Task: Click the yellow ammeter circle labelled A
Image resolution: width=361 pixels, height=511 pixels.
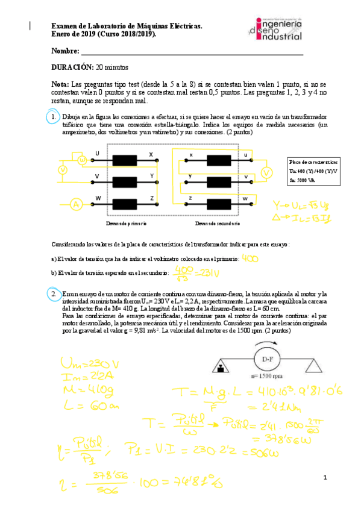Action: click(x=77, y=205)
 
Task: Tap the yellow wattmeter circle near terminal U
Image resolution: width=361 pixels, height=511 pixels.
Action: click(x=83, y=160)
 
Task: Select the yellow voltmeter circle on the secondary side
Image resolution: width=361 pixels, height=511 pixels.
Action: click(x=266, y=174)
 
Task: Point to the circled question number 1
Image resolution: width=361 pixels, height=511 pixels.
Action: click(x=53, y=116)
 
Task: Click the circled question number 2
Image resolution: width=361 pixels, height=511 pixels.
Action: click(x=53, y=293)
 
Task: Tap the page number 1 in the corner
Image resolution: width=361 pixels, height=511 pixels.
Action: click(x=324, y=478)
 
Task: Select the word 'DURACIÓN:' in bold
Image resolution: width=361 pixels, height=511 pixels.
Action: click(x=72, y=67)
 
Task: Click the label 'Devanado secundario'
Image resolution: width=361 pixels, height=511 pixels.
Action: click(x=218, y=224)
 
